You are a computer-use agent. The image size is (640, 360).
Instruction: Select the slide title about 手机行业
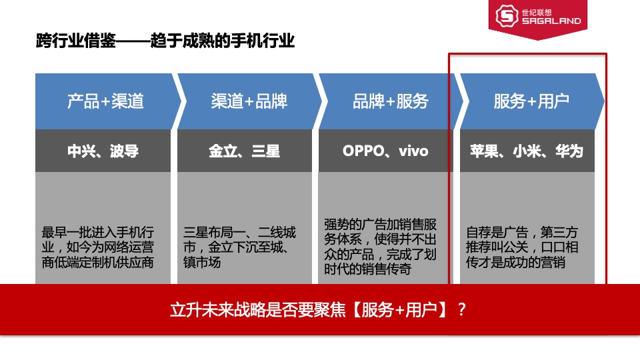(165, 41)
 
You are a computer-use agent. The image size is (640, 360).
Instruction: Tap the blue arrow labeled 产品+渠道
(105, 101)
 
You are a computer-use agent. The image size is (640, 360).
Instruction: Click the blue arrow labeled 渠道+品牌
(249, 101)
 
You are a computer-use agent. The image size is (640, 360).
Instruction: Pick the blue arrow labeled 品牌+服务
(390, 101)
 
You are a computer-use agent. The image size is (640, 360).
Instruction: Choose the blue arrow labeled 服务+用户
(531, 101)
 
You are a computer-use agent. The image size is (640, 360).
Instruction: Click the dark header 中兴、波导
(103, 151)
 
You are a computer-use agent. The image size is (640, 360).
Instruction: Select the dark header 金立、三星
(244, 151)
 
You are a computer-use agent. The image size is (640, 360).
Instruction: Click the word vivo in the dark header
(413, 151)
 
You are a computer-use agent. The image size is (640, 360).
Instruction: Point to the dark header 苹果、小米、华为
(526, 151)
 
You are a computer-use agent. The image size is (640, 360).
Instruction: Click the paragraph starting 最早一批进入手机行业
(98, 247)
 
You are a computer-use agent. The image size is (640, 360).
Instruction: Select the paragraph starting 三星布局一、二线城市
(239, 247)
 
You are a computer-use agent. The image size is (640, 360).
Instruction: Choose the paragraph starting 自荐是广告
(522, 247)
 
